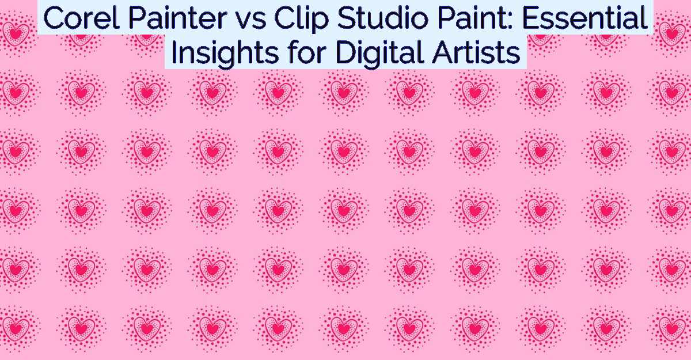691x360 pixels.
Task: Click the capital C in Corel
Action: click(55, 18)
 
